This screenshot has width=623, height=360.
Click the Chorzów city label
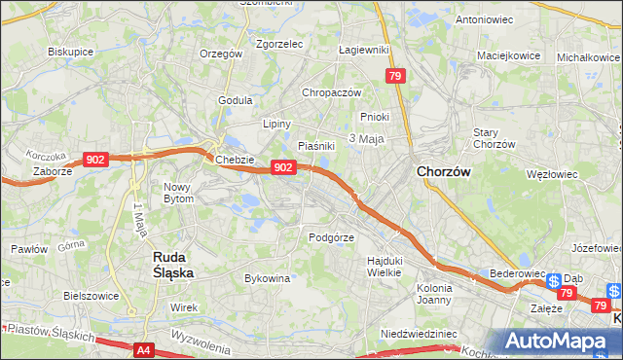pos(444,171)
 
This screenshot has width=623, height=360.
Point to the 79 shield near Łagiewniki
pos(394,76)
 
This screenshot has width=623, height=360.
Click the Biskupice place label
pos(70,51)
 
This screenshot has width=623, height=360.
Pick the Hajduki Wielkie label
pos(385,266)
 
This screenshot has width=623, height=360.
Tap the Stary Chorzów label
pos(493,138)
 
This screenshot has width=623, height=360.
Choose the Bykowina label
pos(268,278)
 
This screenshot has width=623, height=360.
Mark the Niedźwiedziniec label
pos(420,334)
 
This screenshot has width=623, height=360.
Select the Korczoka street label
pos(46,156)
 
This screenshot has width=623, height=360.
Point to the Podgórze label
pos(330,236)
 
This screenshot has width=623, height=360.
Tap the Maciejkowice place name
pos(512,55)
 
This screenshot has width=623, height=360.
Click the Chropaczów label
pos(332,92)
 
